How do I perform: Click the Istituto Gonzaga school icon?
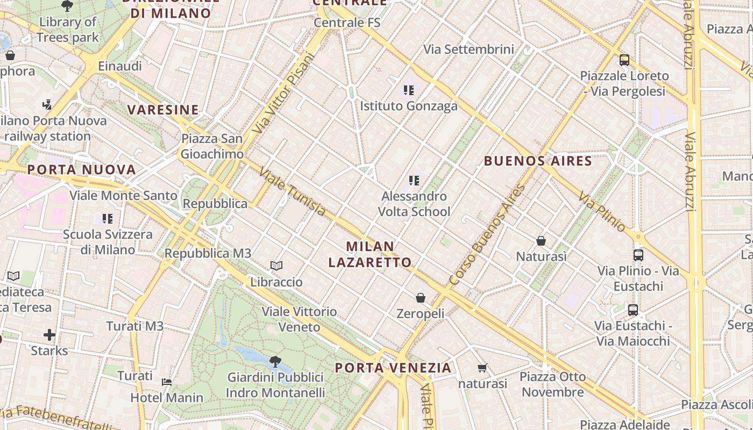click(x=409, y=90)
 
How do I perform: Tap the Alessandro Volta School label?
click(x=414, y=204)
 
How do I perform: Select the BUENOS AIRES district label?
click(x=538, y=161)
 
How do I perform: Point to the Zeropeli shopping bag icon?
click(x=421, y=297)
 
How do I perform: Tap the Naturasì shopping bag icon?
click(x=541, y=241)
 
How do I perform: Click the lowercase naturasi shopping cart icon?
click(x=482, y=368)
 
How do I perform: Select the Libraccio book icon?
click(x=276, y=266)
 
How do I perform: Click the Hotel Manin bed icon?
click(x=167, y=382)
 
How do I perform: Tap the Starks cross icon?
click(x=49, y=335)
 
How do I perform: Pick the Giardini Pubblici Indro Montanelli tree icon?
click(x=275, y=361)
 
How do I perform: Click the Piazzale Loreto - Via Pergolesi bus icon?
click(x=624, y=60)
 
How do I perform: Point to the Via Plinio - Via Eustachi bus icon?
click(x=638, y=255)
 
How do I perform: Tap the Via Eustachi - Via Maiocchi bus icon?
click(x=633, y=310)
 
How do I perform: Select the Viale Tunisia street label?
click(x=292, y=192)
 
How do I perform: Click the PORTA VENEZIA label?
click(x=393, y=368)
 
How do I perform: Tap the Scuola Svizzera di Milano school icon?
click(x=108, y=219)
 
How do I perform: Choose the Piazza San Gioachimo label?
click(x=212, y=146)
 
